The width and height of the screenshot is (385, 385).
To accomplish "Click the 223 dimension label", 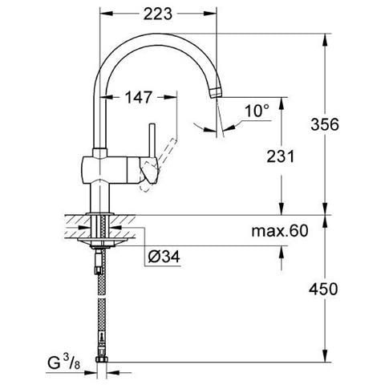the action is point(158,14).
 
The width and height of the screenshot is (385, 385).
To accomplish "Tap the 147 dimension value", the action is point(139,97).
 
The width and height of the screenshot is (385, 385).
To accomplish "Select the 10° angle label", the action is point(257,111).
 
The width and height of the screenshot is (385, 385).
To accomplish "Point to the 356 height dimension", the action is point(325,124).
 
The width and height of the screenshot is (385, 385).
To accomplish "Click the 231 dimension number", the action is point(281,156).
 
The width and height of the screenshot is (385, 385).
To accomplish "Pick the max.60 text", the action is point(280,231).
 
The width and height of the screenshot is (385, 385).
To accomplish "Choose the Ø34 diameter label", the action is point(164,257).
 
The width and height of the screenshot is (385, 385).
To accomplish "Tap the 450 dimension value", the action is point(323,289).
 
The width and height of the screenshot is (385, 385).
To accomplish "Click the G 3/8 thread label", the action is point(64,363).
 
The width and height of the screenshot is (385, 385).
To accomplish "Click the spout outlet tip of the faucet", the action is point(216,92).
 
